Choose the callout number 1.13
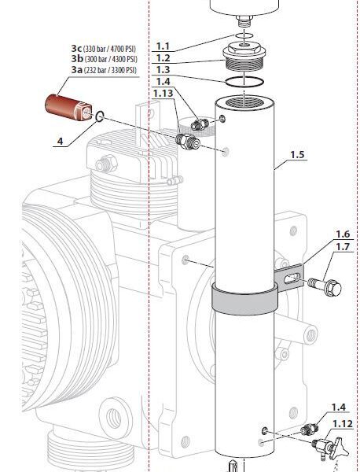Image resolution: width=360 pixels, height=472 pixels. pyautogui.click(x=163, y=93)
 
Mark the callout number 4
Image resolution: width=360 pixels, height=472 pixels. pyautogui.click(x=59, y=142)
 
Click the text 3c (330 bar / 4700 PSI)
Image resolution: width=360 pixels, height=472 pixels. pyautogui.click(x=104, y=50)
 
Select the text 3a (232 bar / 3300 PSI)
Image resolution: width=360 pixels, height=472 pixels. pyautogui.click(x=104, y=70)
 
